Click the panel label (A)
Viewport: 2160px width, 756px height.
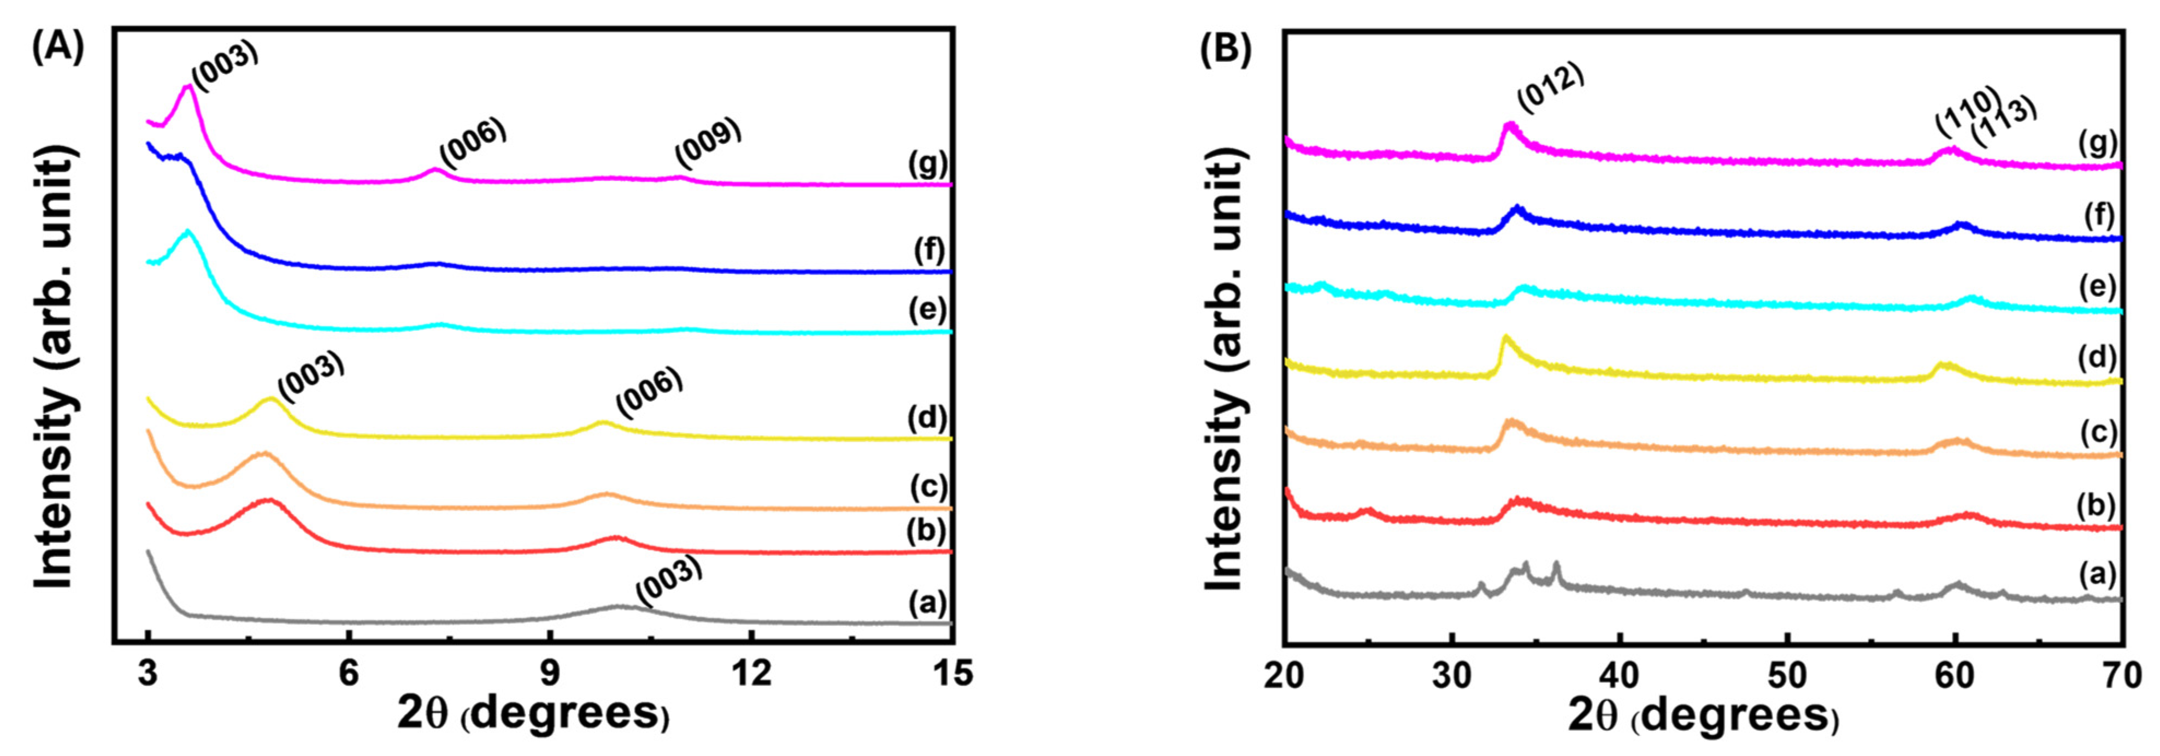click(57, 49)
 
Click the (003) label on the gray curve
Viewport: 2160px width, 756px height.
click(668, 581)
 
